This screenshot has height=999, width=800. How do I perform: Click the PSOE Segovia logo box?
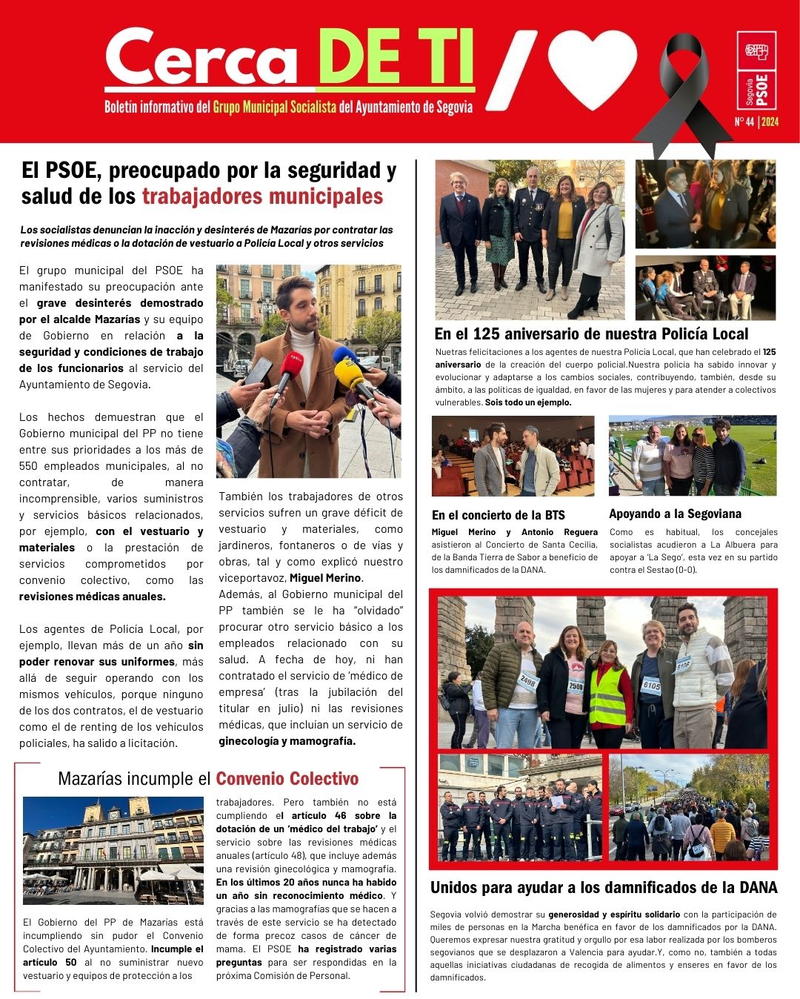pos(756,70)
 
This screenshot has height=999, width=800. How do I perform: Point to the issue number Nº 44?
pos(744,122)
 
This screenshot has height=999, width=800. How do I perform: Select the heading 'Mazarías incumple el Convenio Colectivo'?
pos(208,779)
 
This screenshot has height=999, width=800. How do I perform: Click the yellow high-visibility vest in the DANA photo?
pos(607,697)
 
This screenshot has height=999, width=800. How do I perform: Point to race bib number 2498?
pos(528,679)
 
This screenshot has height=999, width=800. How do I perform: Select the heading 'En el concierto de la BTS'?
pos(498,515)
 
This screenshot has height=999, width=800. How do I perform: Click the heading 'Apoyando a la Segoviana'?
pos(675,514)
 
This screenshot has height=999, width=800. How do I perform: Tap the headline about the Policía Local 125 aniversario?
pos(591,334)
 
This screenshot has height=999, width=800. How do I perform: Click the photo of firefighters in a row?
pos(520,808)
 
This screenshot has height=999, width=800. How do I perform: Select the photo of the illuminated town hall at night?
pos(113,850)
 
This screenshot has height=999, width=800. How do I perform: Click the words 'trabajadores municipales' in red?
pos(262,196)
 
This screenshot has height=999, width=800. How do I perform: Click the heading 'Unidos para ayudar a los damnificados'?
pos(604,888)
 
